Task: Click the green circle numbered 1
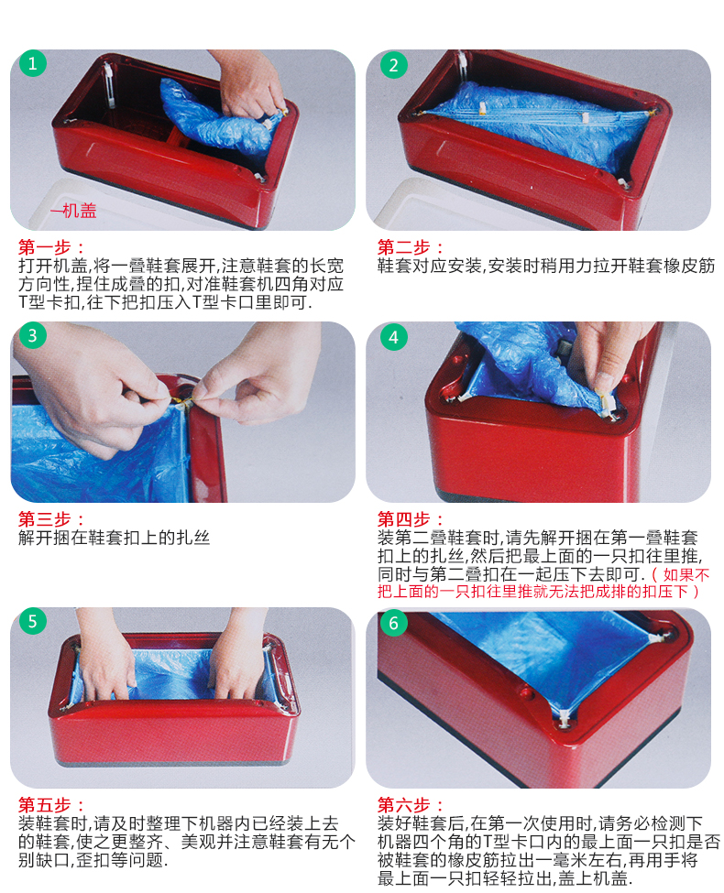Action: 32,63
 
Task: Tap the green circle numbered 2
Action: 393,65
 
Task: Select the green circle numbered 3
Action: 32,336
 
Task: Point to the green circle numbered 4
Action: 393,337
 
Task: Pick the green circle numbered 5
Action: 32,621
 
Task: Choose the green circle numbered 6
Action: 393,623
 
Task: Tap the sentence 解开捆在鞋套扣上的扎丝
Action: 114,538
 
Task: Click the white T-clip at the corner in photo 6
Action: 564,717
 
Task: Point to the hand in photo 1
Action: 251,85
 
